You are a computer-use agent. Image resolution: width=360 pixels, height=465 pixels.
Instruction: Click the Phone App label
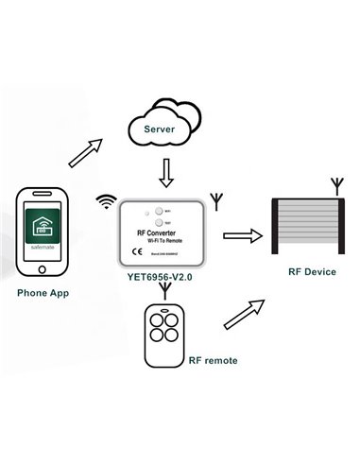click(x=44, y=293)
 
